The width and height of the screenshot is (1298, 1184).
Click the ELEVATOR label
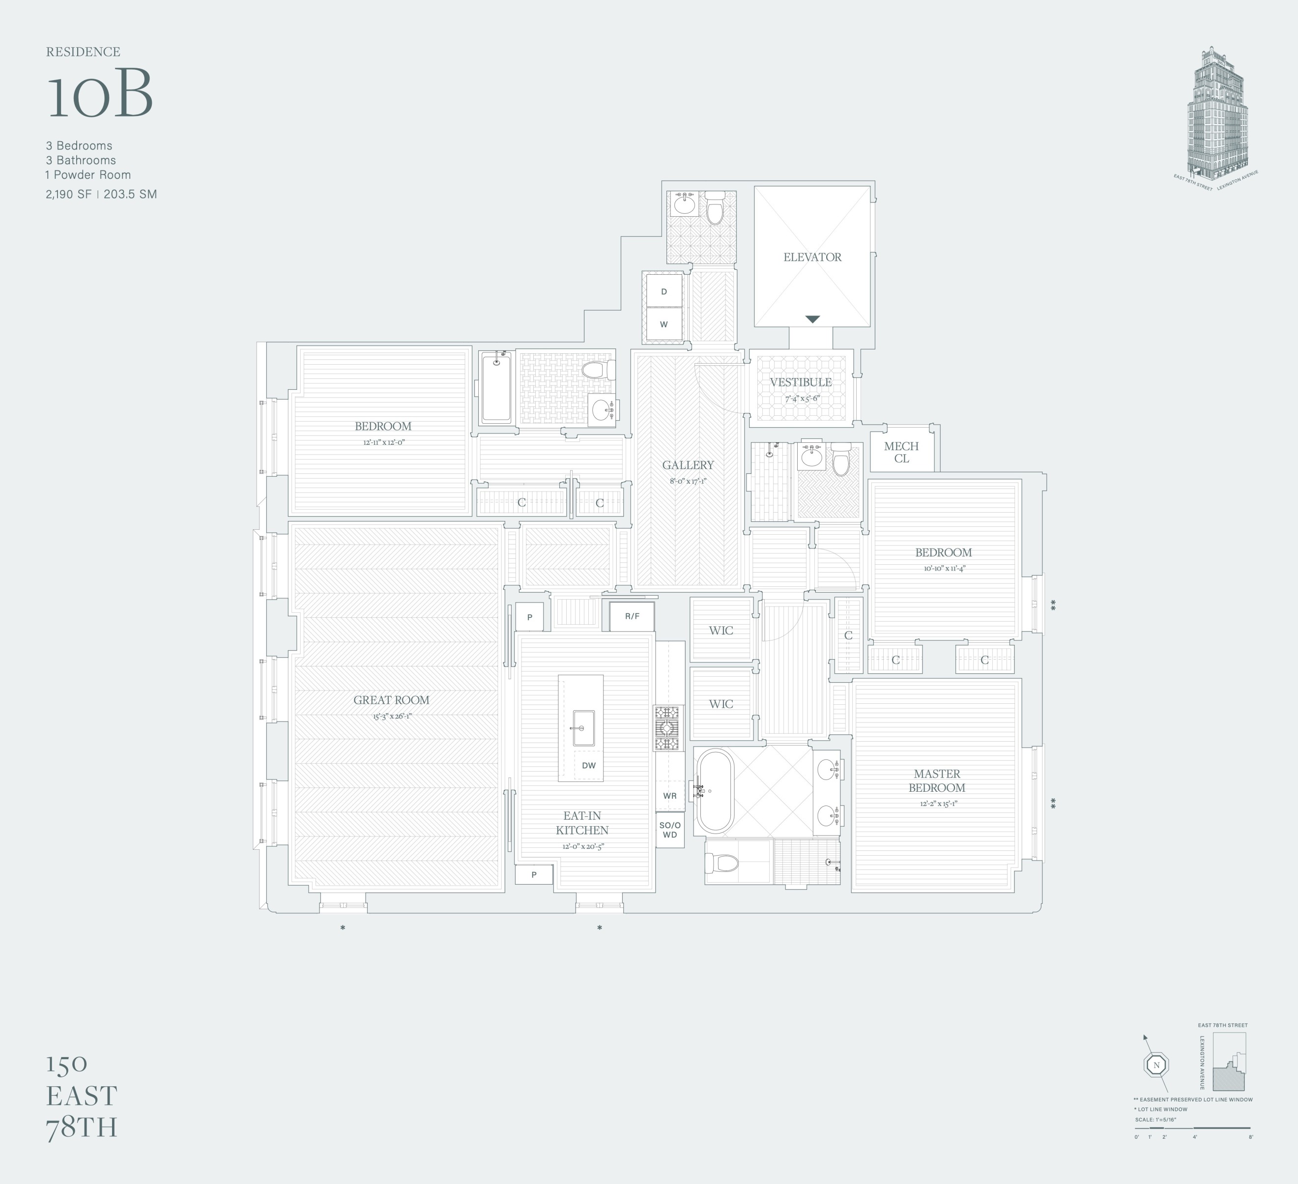pos(812,257)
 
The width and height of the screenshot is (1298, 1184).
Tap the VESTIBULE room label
pos(800,382)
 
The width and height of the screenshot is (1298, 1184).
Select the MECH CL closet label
pos(901,452)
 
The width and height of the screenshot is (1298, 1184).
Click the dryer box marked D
pos(664,291)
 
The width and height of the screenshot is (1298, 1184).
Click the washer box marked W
pos(664,324)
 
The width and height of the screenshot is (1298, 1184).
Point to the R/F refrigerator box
pos(632,616)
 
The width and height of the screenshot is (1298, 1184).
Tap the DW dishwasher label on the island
pos(588,766)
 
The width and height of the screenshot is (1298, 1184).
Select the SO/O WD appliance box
pos(669,830)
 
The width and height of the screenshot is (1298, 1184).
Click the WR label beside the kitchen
pos(669,796)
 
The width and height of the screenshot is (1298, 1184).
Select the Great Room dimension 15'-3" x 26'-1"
pos(391,716)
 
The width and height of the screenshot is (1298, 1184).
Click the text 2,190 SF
pos(68,194)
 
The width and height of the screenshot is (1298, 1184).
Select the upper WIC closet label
pos(721,630)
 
